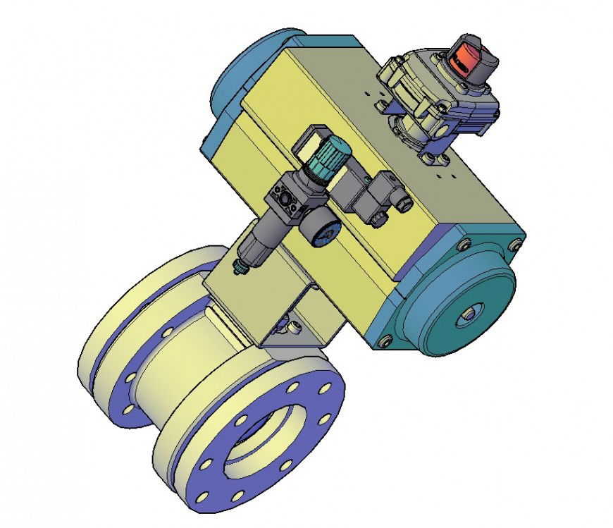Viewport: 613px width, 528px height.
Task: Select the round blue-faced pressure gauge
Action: (323, 233)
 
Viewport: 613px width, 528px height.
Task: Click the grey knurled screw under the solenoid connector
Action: (378, 221)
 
